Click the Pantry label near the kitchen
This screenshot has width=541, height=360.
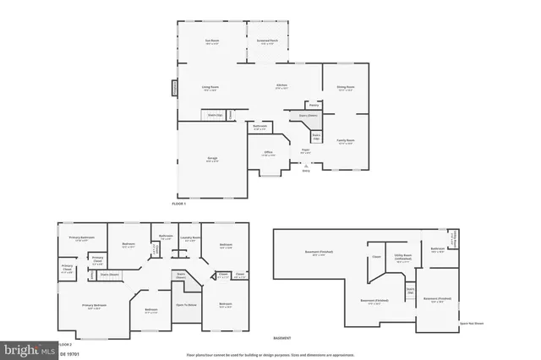302,105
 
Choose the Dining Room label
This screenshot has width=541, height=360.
346,86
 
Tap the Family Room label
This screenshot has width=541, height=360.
346,140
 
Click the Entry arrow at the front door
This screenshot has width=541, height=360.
306,166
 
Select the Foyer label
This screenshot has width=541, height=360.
306,151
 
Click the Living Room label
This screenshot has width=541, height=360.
210,86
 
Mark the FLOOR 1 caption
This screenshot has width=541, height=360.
179,205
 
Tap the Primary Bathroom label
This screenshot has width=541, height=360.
81,237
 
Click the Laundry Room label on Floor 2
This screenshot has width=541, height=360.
190,238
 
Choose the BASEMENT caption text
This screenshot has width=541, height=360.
282,337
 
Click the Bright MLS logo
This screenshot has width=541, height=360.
28,347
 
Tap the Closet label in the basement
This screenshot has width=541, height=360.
376,257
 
